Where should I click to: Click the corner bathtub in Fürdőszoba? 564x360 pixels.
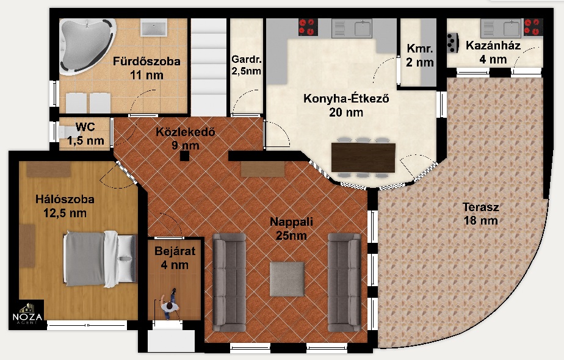click(x=86, y=46)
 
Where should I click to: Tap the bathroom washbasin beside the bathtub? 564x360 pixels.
click(x=154, y=27)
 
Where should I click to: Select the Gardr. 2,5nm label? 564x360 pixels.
click(x=246, y=65)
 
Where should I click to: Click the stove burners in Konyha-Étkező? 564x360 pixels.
click(x=308, y=27)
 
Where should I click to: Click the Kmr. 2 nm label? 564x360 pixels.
click(x=420, y=55)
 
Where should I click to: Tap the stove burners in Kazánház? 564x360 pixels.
click(x=533, y=27)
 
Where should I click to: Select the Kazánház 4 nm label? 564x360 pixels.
click(x=493, y=52)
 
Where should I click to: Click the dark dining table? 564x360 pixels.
click(x=363, y=157)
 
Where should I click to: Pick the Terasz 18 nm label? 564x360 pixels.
click(x=481, y=214)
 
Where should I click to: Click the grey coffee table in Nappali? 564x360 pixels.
click(x=287, y=279)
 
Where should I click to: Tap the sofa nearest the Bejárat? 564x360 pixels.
click(x=229, y=283)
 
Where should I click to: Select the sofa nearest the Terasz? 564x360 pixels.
click(x=344, y=283)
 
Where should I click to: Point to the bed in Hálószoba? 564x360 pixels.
click(x=101, y=259)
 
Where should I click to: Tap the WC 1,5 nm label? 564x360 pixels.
click(x=85, y=134)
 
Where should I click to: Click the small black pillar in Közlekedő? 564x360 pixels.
click(x=184, y=156)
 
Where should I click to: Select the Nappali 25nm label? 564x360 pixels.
click(x=291, y=228)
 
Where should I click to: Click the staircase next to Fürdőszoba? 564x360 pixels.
click(x=208, y=67)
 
